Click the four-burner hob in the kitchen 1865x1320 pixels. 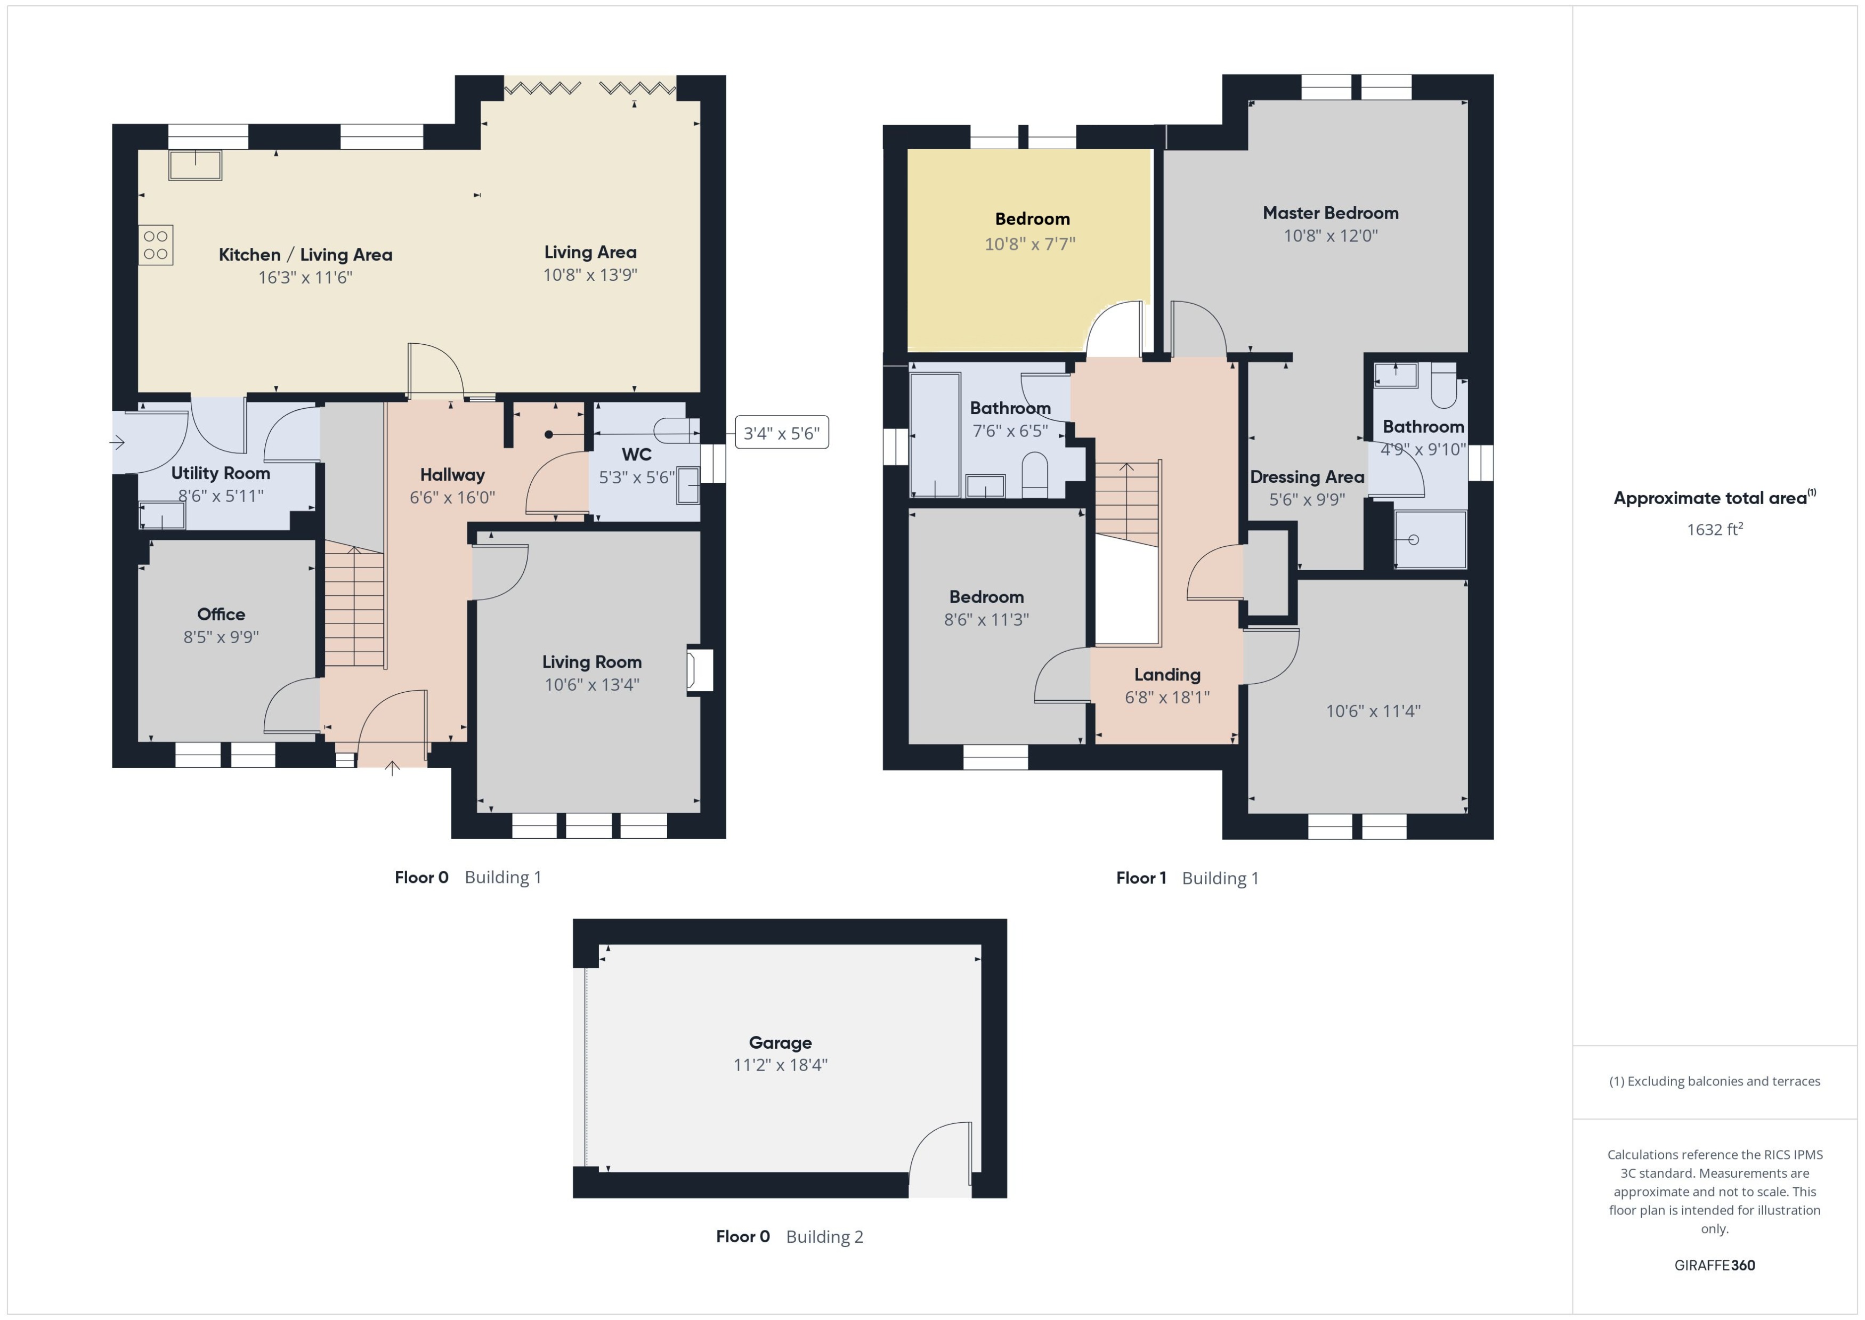155,245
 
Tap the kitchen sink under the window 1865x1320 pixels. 195,165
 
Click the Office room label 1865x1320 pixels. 221,614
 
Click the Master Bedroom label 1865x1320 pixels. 1331,213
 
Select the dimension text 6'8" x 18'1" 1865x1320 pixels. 1167,698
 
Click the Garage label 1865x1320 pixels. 780,1043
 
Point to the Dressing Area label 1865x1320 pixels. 1307,477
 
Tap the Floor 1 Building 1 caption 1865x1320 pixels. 1187,878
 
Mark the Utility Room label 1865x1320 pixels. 220,473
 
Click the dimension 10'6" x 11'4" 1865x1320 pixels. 1373,711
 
